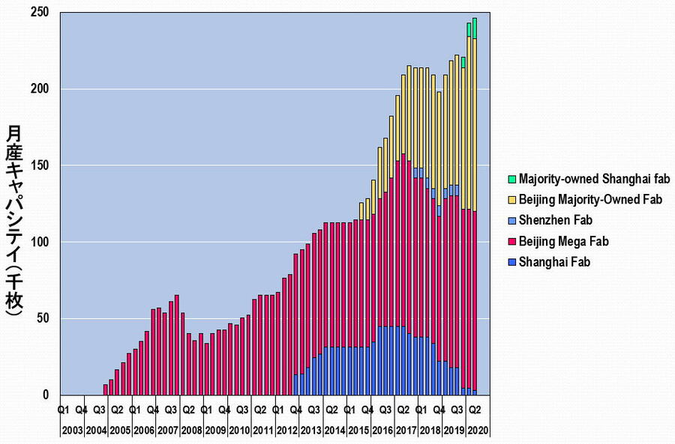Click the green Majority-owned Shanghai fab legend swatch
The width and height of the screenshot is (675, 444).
(512, 179)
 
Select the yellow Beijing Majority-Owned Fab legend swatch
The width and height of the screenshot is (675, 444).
(512, 200)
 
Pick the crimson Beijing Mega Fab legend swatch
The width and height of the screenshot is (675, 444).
(512, 241)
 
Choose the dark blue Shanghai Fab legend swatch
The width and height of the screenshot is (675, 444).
(512, 262)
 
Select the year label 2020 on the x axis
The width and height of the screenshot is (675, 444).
(475, 431)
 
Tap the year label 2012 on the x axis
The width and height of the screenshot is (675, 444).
(287, 431)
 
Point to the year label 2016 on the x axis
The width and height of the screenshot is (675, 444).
(382, 431)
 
